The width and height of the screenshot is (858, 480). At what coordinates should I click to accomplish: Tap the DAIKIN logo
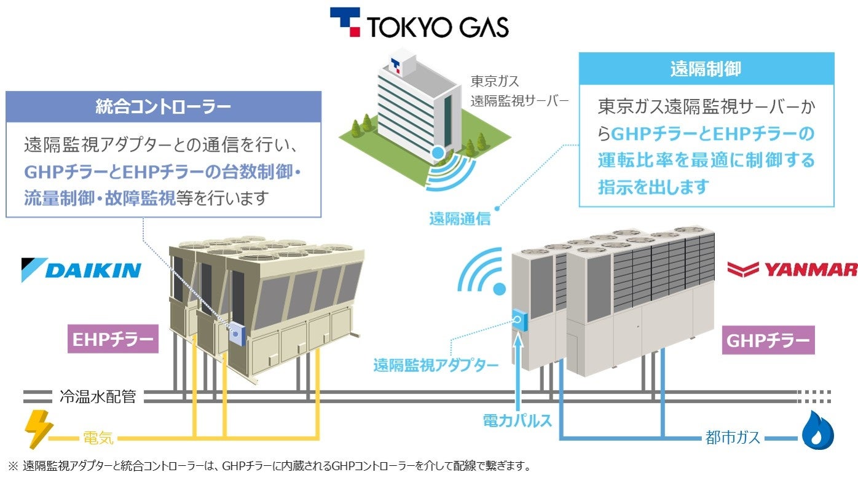pos(81,270)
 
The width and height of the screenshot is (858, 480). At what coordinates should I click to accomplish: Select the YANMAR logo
pos(792,269)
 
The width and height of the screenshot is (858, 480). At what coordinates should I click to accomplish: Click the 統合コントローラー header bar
pos(163,106)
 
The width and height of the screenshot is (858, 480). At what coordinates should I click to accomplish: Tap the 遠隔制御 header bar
pos(706,68)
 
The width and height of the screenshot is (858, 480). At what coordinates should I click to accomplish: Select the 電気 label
pos(98,438)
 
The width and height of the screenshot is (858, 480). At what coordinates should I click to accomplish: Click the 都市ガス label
pos(733,438)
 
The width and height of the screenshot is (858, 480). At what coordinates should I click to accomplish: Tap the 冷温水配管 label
pos(98,397)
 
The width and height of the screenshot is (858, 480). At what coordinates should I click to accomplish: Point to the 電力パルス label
pos(518,421)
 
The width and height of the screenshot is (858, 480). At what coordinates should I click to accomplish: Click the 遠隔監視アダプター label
pos(436,365)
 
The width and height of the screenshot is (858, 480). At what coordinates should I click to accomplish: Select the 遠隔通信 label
pos(460,218)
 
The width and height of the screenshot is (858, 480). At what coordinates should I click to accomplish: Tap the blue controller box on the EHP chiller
pos(236,334)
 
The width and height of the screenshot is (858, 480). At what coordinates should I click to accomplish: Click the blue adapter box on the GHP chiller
pos(519,319)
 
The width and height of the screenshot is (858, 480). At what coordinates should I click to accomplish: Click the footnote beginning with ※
pos(269,466)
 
